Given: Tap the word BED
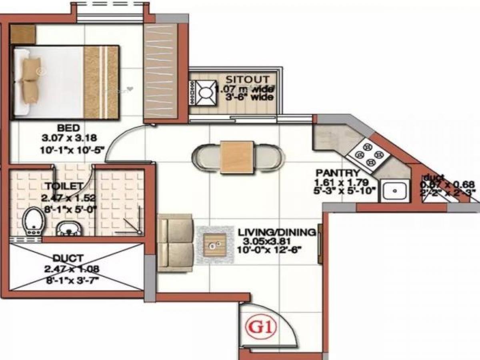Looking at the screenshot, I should pos(69,128).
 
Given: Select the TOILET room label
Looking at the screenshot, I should pos(64,186).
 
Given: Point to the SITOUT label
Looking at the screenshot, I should pos(248,79).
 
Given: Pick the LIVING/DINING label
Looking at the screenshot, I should pos(276,232).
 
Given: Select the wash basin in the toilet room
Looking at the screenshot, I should pos(69,228).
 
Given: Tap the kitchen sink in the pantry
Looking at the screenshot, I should pos(395,191).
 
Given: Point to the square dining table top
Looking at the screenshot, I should pos(236,157).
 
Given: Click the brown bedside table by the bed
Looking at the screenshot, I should pos(23,34).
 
